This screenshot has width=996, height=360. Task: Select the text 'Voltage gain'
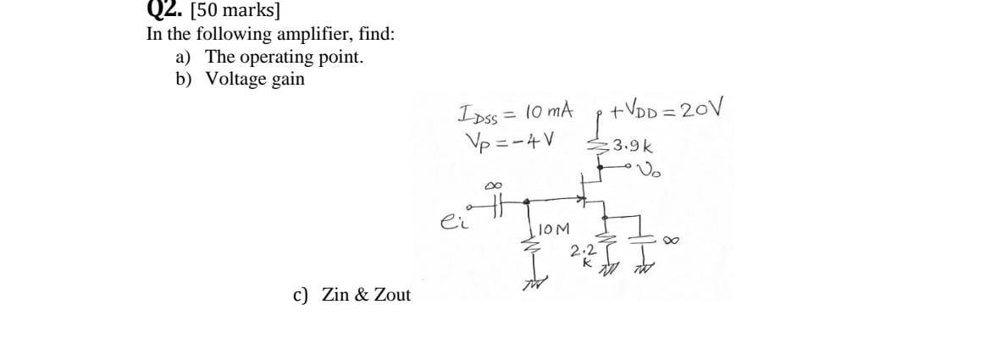pos(255,79)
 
